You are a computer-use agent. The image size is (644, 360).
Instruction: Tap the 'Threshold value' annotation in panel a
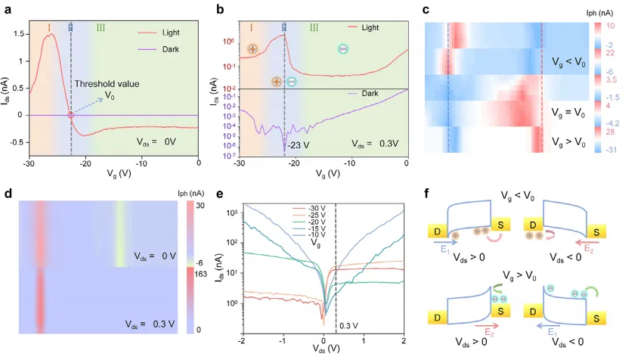tap(101, 83)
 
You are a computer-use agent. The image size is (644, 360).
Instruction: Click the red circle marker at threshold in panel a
tap(71, 115)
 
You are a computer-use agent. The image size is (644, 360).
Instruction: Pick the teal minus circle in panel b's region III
tap(343, 49)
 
